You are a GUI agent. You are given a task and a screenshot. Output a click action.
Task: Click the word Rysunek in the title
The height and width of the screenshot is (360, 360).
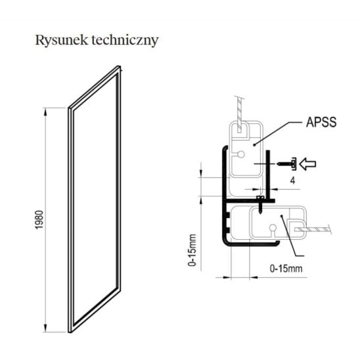(62, 41)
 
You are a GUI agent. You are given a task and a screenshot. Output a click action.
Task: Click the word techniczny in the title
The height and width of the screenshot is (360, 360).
(125, 41)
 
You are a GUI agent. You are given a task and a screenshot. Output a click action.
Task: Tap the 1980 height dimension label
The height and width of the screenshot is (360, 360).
(39, 219)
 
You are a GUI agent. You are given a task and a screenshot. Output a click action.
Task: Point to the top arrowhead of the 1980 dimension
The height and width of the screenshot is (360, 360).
(45, 112)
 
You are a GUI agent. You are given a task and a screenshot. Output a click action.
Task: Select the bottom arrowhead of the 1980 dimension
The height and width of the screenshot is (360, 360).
(45, 328)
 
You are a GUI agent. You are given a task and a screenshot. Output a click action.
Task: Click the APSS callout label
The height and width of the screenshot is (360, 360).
(321, 122)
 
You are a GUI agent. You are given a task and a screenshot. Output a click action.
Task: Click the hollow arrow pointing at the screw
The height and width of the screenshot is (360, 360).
(308, 164)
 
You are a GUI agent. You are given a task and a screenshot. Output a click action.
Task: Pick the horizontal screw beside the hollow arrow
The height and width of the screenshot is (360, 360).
(286, 164)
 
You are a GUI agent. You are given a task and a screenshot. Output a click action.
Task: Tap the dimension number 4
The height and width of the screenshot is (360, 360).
(292, 181)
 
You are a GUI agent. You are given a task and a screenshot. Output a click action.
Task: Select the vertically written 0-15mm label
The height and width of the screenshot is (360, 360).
(192, 250)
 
